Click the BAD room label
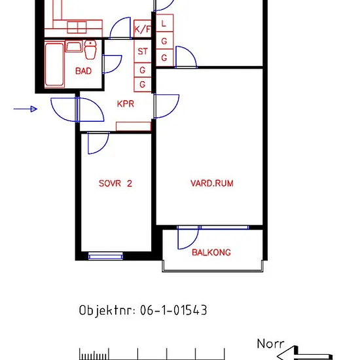pos(83,71)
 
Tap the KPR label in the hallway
pos(126,104)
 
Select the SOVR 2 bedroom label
pos(115,183)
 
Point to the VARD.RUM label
pos(212,183)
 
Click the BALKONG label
pos(211,252)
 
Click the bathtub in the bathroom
pos(54,65)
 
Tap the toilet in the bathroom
pos(90,49)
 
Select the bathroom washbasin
pos(74,46)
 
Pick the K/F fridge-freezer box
pos(142,29)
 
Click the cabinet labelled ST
pos(143,51)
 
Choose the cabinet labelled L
pos(164,23)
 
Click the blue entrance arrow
pos(26,109)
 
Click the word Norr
pos(270,344)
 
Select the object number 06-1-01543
pos(173,310)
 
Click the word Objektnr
pos(107,311)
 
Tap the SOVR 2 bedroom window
pos(105,256)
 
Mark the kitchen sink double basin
pos(77,27)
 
